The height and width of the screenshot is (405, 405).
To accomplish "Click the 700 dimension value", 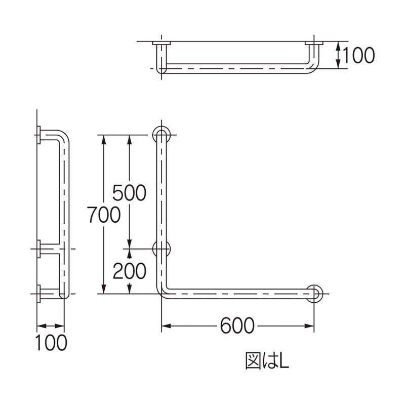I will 104,215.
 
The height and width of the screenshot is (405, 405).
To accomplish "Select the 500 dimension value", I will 130,192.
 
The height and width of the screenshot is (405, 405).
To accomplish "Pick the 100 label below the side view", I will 51,343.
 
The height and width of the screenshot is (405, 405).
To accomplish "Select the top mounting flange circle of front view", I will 161,135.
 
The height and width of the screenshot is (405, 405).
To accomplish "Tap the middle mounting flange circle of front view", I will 161,249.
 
